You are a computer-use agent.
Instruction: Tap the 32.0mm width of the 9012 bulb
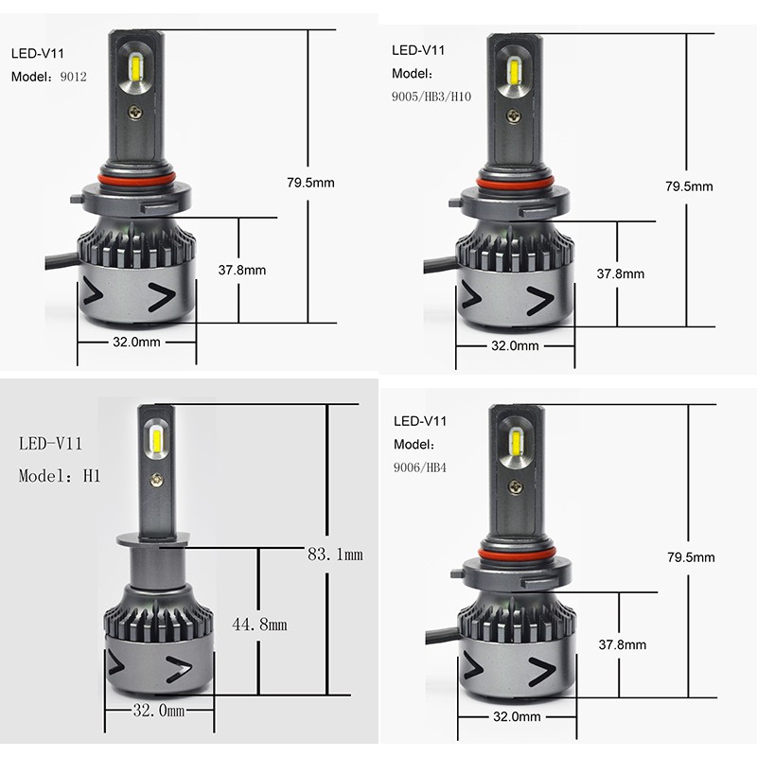click(x=136, y=342)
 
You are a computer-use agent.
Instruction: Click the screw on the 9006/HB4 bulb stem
click(x=515, y=484)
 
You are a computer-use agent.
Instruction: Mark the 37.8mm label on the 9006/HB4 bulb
click(x=623, y=644)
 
